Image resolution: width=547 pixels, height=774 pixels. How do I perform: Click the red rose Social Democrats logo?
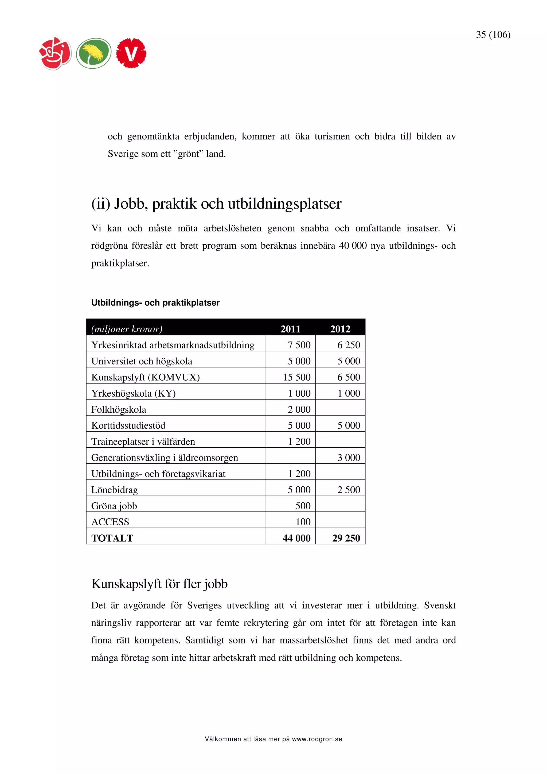(55, 53)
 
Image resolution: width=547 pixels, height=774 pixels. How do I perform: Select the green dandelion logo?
(94, 53)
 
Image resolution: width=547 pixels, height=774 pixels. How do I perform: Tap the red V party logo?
(131, 53)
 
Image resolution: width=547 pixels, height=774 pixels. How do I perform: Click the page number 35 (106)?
(493, 35)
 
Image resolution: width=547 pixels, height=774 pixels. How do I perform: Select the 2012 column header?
(340, 329)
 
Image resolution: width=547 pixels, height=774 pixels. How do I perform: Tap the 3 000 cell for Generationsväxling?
(349, 458)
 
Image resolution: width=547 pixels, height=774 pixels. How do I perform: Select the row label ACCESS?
(110, 522)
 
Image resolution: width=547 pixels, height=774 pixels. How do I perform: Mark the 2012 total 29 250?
(346, 538)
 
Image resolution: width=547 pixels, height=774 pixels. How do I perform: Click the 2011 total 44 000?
(296, 538)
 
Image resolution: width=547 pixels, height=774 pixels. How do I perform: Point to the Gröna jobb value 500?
(303, 506)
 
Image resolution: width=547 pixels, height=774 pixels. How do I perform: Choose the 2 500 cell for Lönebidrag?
(349, 490)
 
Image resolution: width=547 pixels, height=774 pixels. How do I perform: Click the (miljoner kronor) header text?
(127, 329)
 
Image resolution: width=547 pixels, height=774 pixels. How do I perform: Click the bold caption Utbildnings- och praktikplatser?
(155, 303)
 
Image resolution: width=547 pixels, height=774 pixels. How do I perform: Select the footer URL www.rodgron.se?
(317, 739)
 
